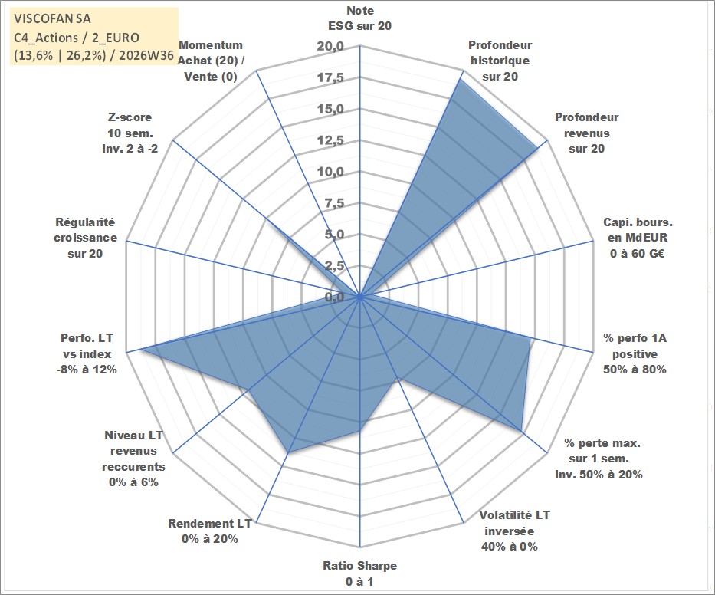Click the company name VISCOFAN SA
(x=52, y=18)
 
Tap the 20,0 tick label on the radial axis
(x=330, y=47)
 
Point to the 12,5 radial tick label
(x=330, y=140)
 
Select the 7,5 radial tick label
(x=334, y=203)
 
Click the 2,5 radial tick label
(x=334, y=265)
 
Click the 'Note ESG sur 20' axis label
(x=359, y=18)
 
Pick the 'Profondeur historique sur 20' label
(x=500, y=61)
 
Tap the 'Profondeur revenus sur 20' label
(x=586, y=133)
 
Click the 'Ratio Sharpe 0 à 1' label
(x=359, y=574)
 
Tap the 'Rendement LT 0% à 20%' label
(x=210, y=531)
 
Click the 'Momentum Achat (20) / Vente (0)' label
(x=211, y=61)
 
